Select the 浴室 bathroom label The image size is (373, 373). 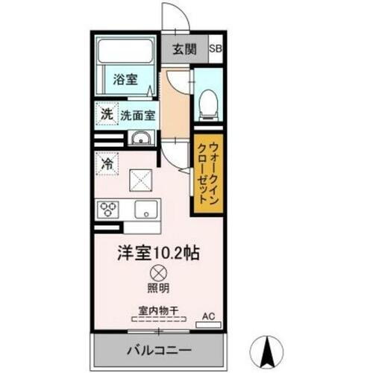tap(125, 78)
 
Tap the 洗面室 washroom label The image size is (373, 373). tap(138, 116)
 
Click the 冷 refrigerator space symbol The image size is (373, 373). tap(107, 163)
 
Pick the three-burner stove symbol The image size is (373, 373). tap(108, 209)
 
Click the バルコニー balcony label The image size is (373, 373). tap(158, 348)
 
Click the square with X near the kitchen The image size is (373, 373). tap(142, 180)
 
